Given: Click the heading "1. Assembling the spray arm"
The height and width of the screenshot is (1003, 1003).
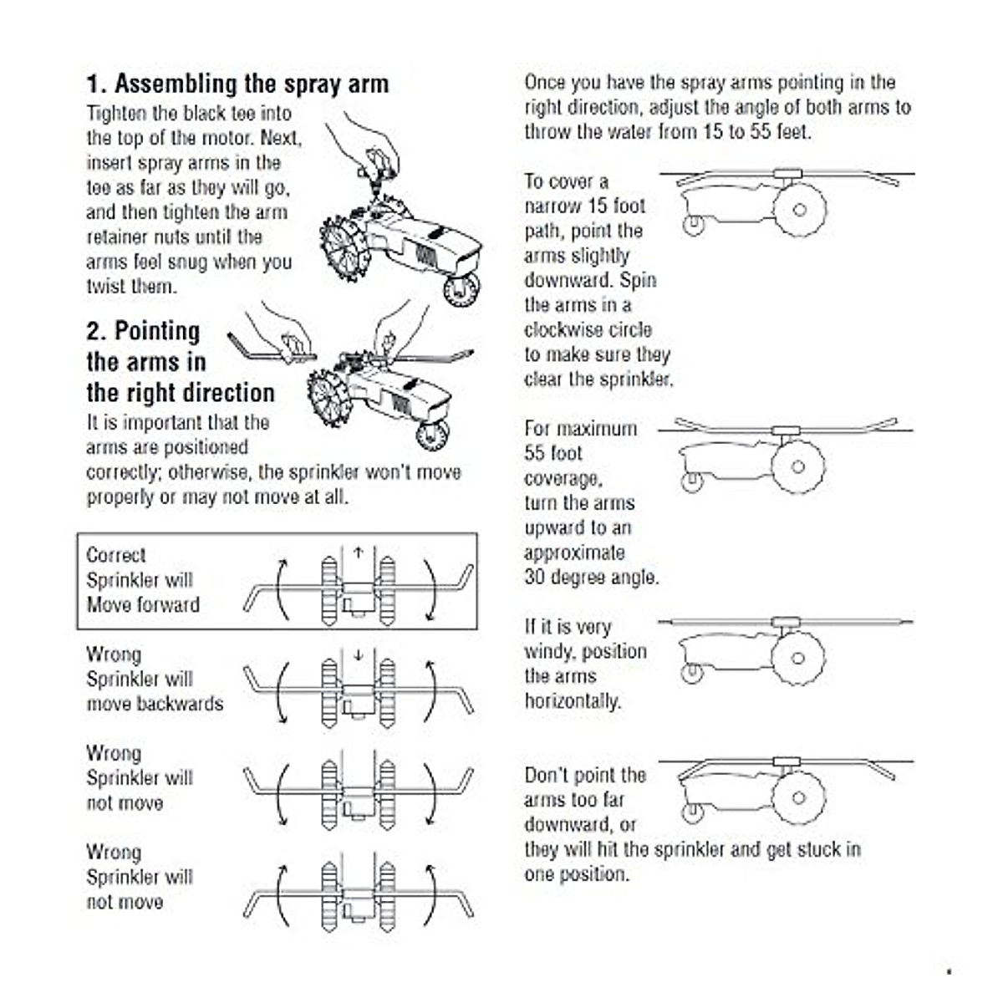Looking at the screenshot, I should pyautogui.click(x=237, y=84).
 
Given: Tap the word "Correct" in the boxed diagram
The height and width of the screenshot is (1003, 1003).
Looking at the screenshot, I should pyautogui.click(x=116, y=555).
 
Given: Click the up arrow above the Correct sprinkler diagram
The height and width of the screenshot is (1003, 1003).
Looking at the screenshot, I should pyautogui.click(x=359, y=552).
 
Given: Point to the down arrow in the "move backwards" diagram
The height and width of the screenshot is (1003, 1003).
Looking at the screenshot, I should pyautogui.click(x=359, y=654).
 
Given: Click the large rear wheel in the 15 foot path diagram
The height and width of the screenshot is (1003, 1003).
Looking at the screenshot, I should pyautogui.click(x=799, y=210).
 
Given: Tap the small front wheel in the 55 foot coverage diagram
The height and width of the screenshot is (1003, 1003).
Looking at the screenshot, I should pyautogui.click(x=691, y=481).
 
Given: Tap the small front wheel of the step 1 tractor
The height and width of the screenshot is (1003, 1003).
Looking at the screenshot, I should pyautogui.click(x=461, y=288).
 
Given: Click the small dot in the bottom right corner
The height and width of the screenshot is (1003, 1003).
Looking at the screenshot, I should pyautogui.click(x=949, y=972).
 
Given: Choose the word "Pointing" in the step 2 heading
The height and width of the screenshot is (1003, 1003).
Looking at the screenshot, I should pyautogui.click(x=157, y=331).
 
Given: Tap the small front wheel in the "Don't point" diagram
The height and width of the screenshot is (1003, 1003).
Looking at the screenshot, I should pyautogui.click(x=691, y=811).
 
